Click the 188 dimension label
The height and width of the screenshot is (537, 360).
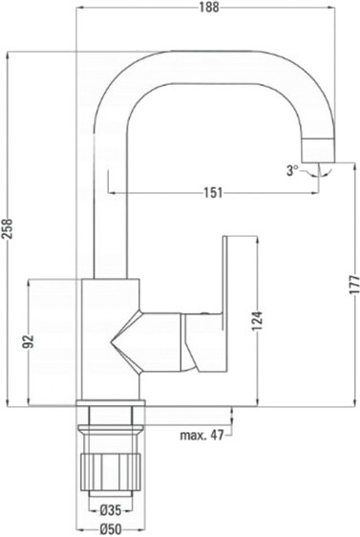(209, 8)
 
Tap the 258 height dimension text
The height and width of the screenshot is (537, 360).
(8, 228)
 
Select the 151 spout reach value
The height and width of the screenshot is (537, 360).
(214, 193)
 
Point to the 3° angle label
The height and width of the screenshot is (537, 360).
(292, 170)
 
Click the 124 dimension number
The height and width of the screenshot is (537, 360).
(257, 321)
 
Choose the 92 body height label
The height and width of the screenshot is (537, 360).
(29, 341)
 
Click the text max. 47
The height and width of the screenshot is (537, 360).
(201, 436)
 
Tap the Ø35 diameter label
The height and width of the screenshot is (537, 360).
(111, 510)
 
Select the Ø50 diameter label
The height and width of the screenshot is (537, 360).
(111, 529)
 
